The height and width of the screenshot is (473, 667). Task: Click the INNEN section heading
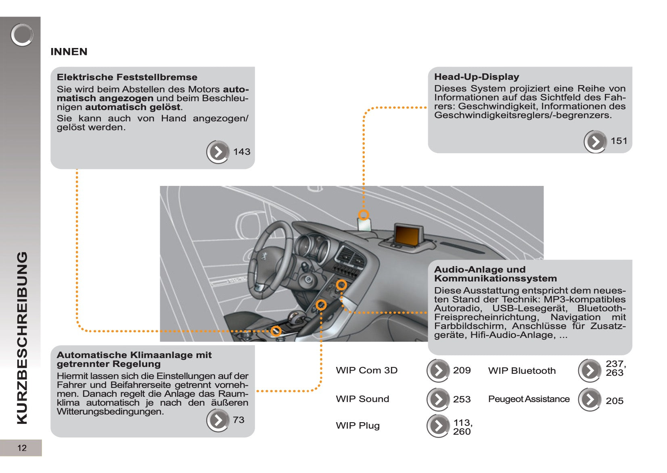tap(69, 52)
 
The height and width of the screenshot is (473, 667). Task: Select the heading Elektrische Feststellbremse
tap(127, 77)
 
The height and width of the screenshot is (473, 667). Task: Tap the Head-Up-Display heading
tap(476, 77)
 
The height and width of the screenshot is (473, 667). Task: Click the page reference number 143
tap(242, 152)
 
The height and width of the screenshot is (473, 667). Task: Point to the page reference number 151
tap(619, 141)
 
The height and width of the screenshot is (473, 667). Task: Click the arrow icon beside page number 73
tap(218, 420)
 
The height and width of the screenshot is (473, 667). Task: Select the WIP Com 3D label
tap(366, 370)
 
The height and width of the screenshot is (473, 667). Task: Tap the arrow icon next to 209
tap(438, 371)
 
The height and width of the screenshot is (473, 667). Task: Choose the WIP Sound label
tap(362, 399)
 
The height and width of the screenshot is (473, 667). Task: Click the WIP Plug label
tap(358, 425)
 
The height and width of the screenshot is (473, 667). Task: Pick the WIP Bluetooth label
tap(522, 371)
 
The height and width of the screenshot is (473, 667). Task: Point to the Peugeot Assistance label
tap(529, 399)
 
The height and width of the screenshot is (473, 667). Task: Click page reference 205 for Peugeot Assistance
tap(614, 401)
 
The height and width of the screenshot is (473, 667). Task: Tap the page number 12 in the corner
tap(22, 448)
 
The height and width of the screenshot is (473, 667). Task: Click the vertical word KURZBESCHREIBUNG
tap(22, 338)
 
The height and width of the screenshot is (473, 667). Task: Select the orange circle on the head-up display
tap(364, 215)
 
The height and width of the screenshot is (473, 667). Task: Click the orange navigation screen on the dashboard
tap(408, 235)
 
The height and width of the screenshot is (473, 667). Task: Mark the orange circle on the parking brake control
tap(276, 331)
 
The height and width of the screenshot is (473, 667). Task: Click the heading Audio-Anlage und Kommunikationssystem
tap(495, 274)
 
